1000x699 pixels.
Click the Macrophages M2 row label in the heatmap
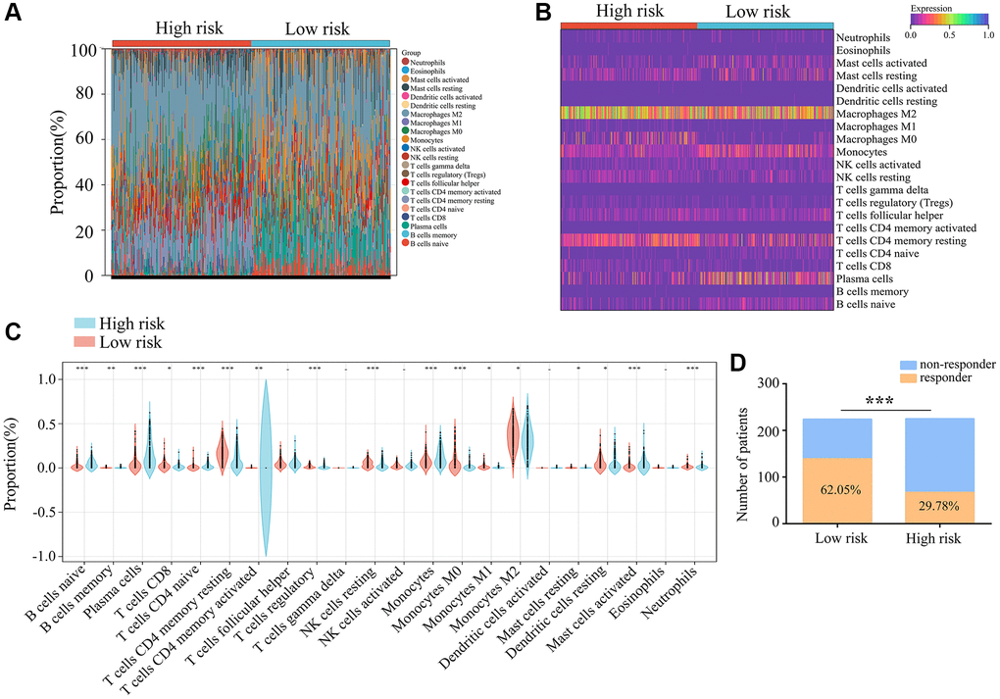point(874,115)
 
